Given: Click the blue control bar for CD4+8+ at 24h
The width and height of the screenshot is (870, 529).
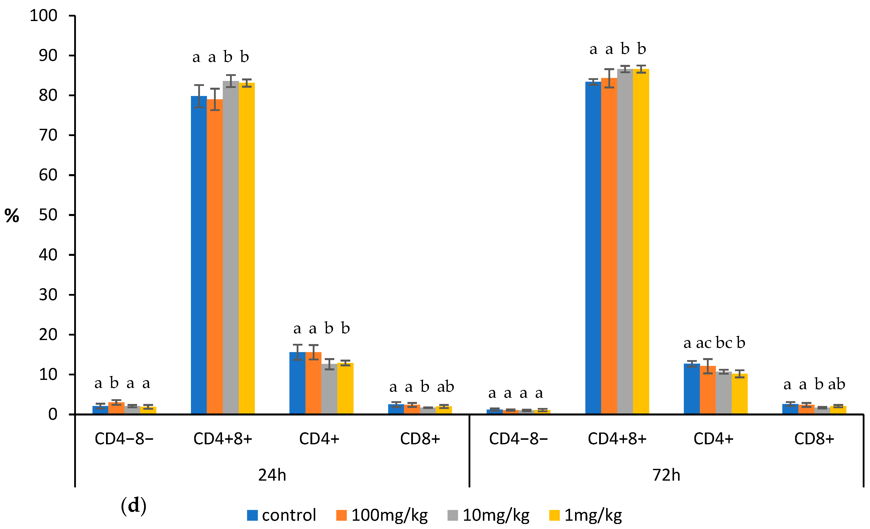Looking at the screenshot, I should pos(199,254).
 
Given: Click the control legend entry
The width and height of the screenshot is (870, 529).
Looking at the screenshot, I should pos(281,515).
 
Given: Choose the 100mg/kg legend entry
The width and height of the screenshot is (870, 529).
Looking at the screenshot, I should pos(382,515).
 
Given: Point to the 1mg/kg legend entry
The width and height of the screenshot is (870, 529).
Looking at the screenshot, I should pos(586,515).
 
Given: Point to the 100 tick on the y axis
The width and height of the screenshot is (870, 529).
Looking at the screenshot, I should pos(43,16).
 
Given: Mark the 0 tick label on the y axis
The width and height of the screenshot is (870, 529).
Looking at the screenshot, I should pos(53,414).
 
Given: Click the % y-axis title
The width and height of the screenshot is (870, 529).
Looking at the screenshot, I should pos(12,216).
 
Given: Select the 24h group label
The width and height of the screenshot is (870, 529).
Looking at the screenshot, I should pos(272,475).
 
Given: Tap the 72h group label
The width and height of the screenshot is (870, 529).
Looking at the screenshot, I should pos(666,475).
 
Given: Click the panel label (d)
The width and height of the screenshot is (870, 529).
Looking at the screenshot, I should pos(134,506).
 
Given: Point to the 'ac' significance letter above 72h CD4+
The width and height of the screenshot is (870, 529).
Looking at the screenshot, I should pos(703,343).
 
